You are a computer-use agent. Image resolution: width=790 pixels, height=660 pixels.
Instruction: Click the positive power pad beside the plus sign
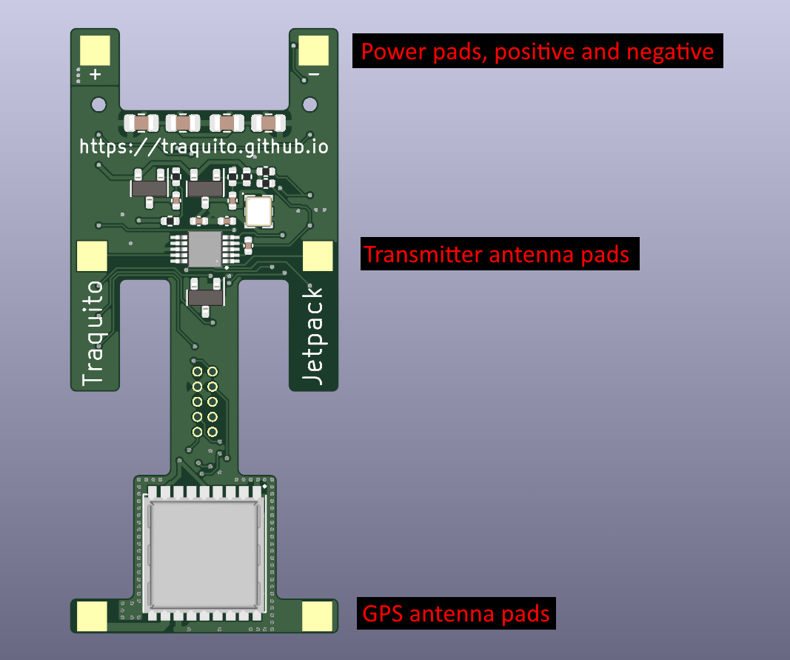94,50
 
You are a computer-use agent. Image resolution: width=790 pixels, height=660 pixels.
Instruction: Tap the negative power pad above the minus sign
314,50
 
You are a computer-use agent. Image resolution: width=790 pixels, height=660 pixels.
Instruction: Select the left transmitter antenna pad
93,256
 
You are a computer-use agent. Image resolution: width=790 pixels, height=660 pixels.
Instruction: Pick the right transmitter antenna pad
318,256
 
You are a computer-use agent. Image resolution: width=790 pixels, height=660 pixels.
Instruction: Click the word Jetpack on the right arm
314,335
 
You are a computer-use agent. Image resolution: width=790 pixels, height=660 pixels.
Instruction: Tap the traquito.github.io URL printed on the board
204,147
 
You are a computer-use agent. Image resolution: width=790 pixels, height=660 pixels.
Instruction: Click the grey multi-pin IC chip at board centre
204,249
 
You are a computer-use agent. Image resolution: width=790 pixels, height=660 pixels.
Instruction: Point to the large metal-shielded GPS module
205,551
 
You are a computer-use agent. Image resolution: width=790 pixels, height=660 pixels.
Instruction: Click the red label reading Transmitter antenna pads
500,255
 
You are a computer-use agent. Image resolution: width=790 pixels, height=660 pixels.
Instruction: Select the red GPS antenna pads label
456,614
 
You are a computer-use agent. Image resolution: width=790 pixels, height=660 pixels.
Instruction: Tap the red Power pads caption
538,52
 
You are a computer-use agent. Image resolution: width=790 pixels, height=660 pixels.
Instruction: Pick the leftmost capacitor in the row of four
141,123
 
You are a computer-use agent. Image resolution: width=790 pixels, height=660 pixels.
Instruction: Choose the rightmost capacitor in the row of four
268,123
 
